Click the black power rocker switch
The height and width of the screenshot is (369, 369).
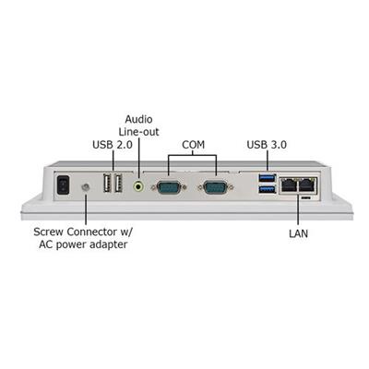pyautogui.click(x=63, y=184)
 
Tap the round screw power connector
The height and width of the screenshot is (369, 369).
pyautogui.click(x=85, y=186)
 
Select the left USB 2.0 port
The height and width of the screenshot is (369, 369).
pyautogui.click(x=107, y=184)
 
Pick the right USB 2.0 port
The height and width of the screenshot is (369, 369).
pyautogui.click(x=118, y=184)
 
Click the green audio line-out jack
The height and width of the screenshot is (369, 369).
pyautogui.click(x=139, y=186)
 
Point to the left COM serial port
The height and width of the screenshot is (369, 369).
pyautogui.click(x=168, y=187)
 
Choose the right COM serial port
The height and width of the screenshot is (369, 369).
pyautogui.click(x=216, y=187)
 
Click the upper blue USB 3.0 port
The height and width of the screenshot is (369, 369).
pyautogui.click(x=268, y=177)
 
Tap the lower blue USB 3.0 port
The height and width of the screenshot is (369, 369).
pyautogui.click(x=268, y=189)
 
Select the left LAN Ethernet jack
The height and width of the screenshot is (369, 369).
pyautogui.click(x=289, y=185)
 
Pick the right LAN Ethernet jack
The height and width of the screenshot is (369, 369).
pyautogui.click(x=306, y=185)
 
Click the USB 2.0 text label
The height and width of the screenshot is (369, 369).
pyautogui.click(x=113, y=145)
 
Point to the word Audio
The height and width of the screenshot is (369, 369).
pyautogui.click(x=138, y=119)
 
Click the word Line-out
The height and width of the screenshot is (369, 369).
pyautogui.click(x=139, y=132)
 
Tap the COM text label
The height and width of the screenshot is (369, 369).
pyautogui.click(x=193, y=145)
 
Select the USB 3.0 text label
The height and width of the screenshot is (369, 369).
pyautogui.click(x=267, y=145)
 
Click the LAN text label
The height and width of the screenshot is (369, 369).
pyautogui.click(x=298, y=233)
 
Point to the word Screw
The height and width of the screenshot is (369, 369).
pyautogui.click(x=49, y=232)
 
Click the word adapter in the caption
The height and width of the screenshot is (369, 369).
pyautogui.click(x=110, y=245)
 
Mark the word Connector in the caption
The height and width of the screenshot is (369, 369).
pyautogui.click(x=90, y=232)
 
